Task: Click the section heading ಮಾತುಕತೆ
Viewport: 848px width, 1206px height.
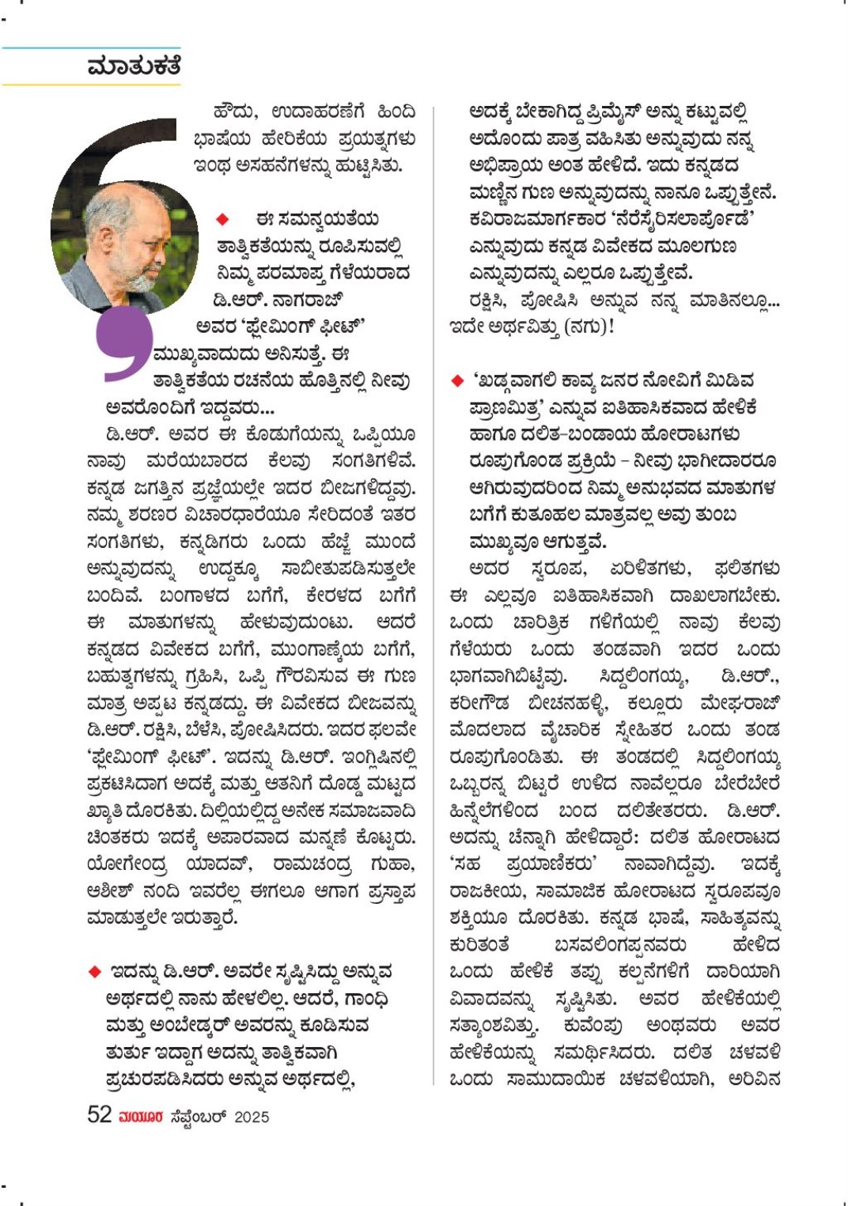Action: point(134,66)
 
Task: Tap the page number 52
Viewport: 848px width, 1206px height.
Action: point(99,1115)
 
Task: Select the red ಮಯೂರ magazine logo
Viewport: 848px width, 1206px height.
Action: point(141,1117)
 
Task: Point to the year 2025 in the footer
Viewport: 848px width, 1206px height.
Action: point(252,1117)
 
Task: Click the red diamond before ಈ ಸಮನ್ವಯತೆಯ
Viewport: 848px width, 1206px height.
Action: point(222,219)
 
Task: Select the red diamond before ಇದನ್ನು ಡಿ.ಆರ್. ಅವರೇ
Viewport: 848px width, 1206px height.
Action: point(95,971)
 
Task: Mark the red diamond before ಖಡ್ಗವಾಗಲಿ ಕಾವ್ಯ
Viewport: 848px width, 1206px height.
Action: point(456,380)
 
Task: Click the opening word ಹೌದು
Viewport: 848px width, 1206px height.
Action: point(235,112)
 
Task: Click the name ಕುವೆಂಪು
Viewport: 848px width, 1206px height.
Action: point(592,1026)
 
